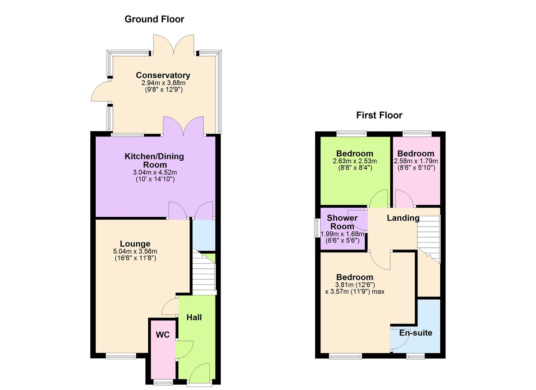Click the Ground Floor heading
(154, 19)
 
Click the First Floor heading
(379, 115)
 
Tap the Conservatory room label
(163, 75)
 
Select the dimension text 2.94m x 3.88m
(163, 83)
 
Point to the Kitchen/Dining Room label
(154, 160)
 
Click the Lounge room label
(135, 244)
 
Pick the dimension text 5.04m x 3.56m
(135, 251)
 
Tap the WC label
(162, 335)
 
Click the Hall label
(194, 317)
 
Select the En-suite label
(415, 333)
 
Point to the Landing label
(403, 218)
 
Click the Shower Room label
(342, 222)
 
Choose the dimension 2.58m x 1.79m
(416, 161)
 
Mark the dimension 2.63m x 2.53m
(354, 161)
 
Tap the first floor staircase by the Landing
(430, 238)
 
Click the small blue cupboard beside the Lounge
(204, 235)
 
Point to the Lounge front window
(121, 356)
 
